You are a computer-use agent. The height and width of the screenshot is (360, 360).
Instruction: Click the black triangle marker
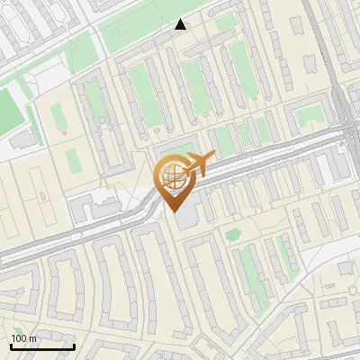[181, 24]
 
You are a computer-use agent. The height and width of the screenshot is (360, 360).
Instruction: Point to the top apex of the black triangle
[181, 19]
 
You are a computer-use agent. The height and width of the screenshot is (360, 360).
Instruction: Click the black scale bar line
[42, 346]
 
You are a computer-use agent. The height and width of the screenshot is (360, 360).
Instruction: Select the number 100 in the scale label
[19, 338]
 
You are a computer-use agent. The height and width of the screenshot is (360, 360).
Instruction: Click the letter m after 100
[32, 338]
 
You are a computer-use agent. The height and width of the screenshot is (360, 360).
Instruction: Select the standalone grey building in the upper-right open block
[310, 65]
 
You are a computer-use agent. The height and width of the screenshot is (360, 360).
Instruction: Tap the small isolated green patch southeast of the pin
[233, 235]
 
